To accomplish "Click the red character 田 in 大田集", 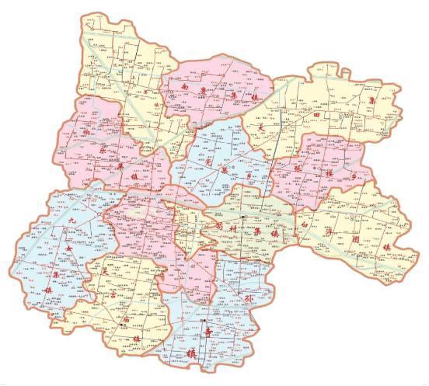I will coord(316,114).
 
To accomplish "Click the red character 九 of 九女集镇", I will coord(71,222).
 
